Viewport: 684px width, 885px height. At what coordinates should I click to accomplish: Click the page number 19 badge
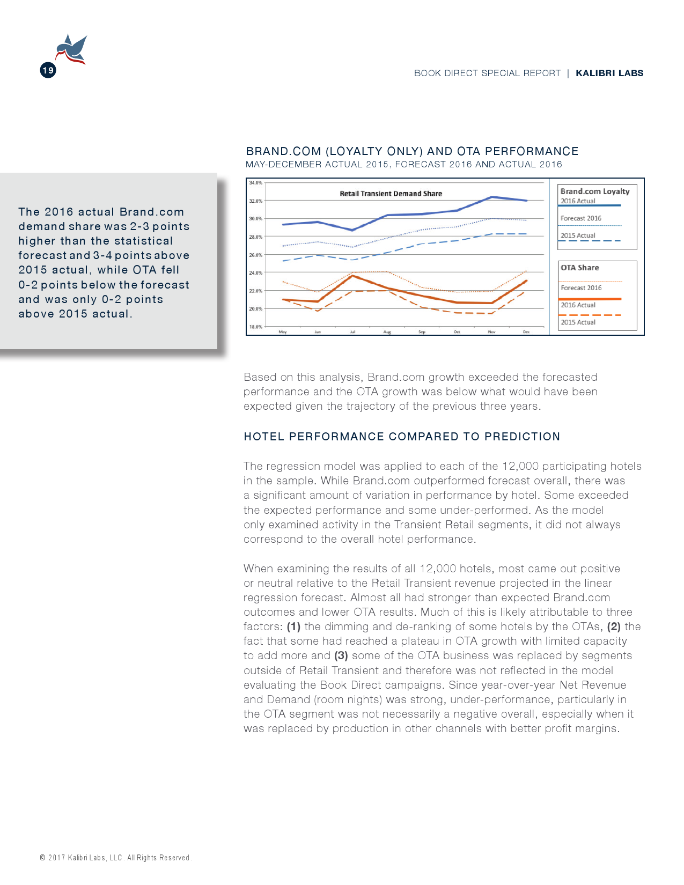point(48,70)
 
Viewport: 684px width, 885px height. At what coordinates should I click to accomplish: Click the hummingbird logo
point(71,49)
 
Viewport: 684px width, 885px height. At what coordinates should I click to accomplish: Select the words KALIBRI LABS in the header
point(609,73)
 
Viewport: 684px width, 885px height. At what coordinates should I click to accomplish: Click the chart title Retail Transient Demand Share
point(391,194)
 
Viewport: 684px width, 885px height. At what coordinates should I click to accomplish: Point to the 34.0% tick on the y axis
point(256,183)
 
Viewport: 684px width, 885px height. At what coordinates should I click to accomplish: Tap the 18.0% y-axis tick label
point(256,327)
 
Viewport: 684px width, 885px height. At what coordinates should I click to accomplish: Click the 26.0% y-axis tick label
point(256,255)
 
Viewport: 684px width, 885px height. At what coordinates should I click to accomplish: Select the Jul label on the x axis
point(352,332)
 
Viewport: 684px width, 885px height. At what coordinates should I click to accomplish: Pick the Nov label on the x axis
point(491,332)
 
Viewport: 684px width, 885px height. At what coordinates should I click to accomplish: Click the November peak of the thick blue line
point(492,197)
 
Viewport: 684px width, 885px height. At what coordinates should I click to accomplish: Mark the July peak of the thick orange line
point(352,276)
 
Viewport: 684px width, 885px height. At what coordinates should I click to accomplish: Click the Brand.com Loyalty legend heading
point(595,191)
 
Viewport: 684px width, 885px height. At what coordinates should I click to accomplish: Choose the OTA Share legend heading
point(580,268)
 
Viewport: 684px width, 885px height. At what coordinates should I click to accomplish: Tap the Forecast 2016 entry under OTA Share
point(581,288)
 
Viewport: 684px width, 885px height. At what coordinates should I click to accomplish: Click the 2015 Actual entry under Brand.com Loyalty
point(578,235)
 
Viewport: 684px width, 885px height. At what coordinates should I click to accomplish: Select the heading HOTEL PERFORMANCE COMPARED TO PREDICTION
point(402,437)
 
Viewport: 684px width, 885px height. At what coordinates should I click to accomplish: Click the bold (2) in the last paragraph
point(614,626)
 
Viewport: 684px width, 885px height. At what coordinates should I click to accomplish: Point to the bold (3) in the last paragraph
point(341,655)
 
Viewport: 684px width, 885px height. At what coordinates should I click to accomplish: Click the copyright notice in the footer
point(115,858)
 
